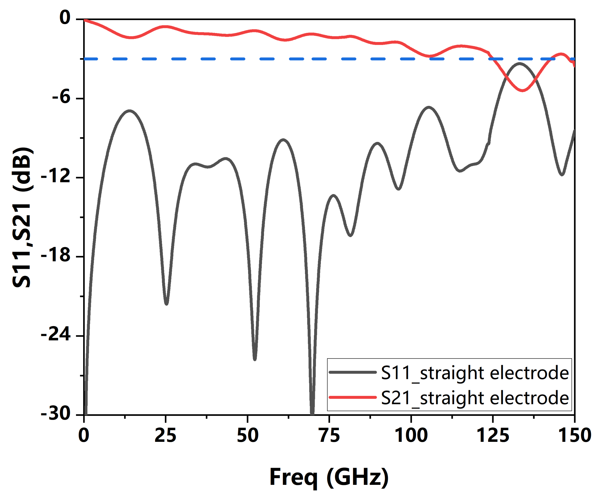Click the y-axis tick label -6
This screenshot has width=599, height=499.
coord(61,98)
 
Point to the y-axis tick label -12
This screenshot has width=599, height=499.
coord(56,177)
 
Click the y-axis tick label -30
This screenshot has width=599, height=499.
coord(56,414)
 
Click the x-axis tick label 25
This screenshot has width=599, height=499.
coord(165,436)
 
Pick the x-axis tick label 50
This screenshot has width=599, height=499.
coord(248,436)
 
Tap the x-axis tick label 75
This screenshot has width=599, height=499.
coord(330,436)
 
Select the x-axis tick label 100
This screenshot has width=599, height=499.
coord(411,436)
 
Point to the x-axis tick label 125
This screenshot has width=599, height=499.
coord(493,436)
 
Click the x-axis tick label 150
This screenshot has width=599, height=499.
coord(574,436)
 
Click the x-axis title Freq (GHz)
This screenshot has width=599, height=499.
coord(329,478)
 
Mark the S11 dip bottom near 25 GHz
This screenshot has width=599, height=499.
coord(167,304)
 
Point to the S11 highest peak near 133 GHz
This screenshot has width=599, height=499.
coord(520,64)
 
